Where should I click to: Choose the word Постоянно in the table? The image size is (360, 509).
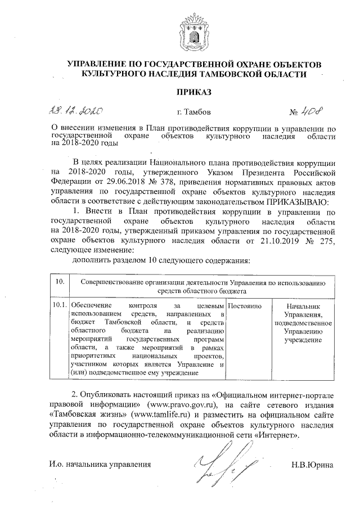click(x=246, y=304)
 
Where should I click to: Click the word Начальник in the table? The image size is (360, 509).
click(x=302, y=304)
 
